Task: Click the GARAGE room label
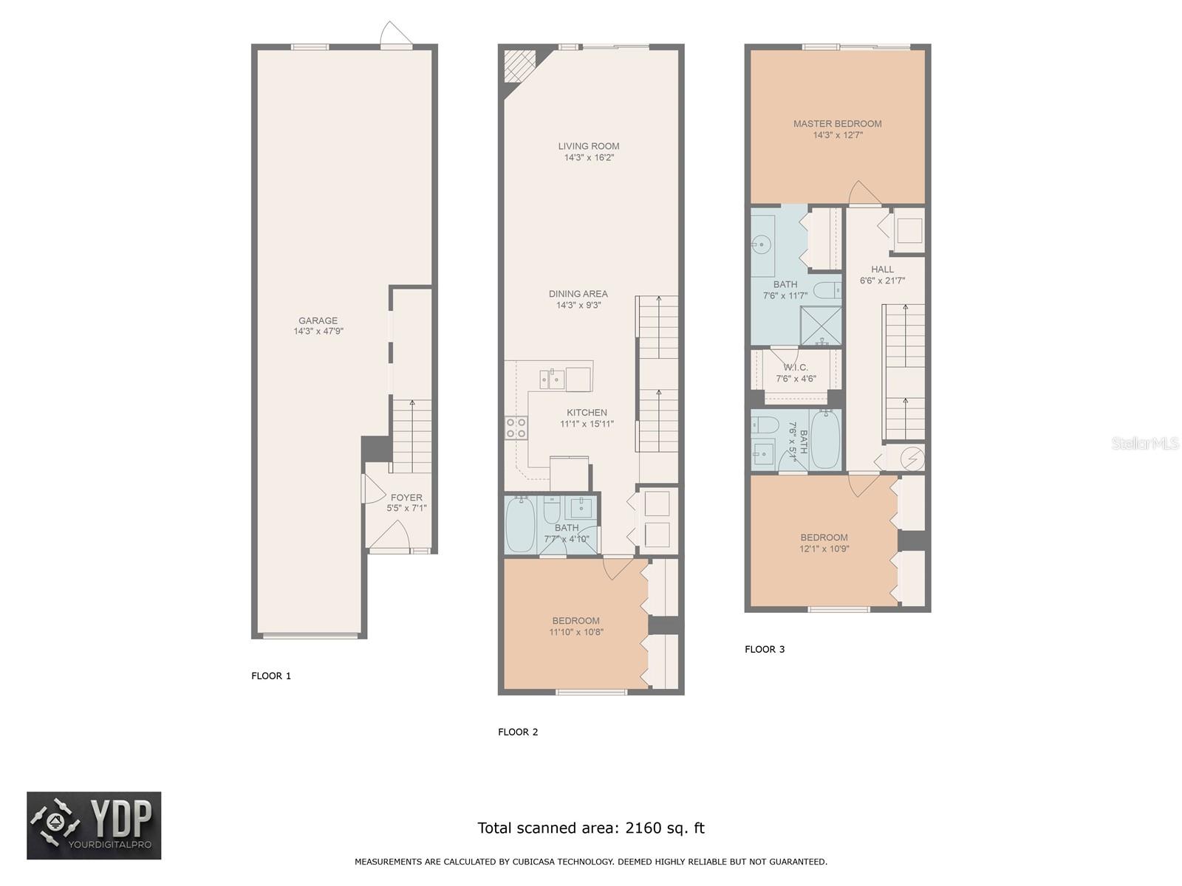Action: tap(318, 320)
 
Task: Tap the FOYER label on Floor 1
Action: tap(406, 498)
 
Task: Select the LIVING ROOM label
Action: tap(589, 146)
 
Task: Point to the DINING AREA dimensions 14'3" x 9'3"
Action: tap(578, 305)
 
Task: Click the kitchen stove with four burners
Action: tap(516, 427)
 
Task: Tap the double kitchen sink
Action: tap(553, 380)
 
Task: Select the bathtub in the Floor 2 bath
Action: tap(521, 524)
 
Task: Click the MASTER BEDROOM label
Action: tap(837, 124)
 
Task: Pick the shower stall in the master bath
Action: tap(821, 326)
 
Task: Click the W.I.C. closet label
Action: tap(796, 368)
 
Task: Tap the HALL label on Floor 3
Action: tap(882, 269)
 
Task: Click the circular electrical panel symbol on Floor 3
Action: tap(913, 459)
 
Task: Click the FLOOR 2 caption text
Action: tap(518, 732)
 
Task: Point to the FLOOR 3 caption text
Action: tap(765, 649)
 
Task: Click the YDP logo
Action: tap(94, 825)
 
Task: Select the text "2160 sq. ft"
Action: tap(665, 828)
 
